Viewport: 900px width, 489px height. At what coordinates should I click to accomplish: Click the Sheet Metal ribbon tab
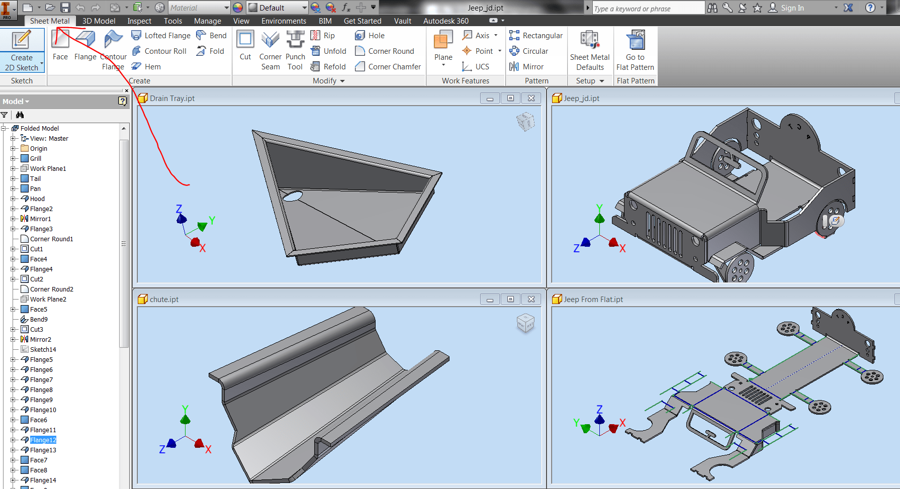[x=50, y=21]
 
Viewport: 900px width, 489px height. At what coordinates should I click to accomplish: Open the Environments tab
[x=284, y=21]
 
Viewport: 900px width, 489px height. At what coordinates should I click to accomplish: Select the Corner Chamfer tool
[x=388, y=66]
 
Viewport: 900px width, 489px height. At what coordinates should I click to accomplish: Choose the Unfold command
[x=329, y=51]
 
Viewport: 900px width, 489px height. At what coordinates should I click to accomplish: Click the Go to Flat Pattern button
[x=635, y=50]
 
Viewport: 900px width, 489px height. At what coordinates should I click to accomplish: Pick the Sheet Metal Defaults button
[x=590, y=50]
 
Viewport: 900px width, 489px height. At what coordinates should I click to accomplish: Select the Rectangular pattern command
[x=536, y=35]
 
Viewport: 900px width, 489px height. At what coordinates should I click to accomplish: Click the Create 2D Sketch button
[x=22, y=50]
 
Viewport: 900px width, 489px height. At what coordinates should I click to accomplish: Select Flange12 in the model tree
[x=43, y=440]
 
